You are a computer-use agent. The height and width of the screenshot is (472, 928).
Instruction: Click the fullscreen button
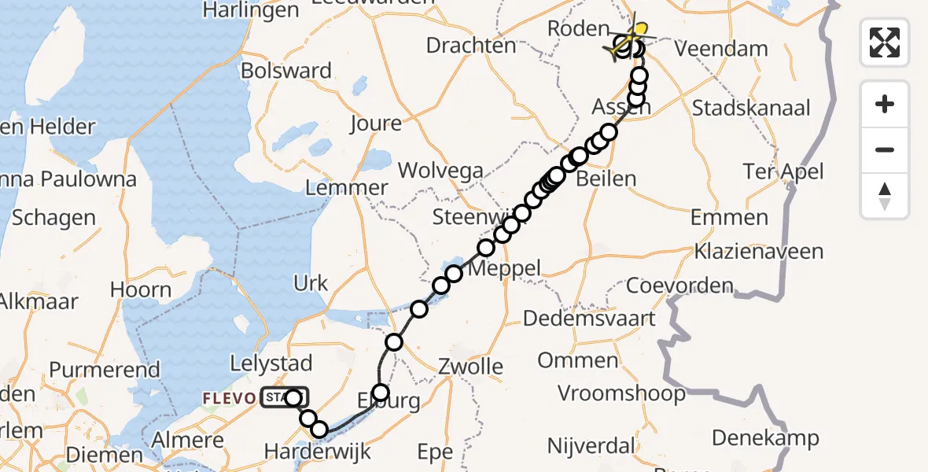(x=885, y=42)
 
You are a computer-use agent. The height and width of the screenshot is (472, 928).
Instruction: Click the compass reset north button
(x=885, y=196)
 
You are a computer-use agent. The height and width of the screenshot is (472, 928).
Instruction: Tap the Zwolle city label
(x=470, y=367)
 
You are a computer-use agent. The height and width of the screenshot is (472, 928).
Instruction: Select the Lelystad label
(x=271, y=363)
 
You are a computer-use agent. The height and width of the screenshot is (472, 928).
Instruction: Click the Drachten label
(x=471, y=46)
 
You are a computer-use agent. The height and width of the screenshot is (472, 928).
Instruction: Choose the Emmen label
(x=730, y=218)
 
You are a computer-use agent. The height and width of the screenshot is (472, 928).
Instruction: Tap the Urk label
(x=310, y=283)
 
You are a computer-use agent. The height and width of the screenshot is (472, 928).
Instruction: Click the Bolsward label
(x=286, y=71)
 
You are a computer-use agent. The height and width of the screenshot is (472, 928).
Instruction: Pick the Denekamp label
(x=766, y=438)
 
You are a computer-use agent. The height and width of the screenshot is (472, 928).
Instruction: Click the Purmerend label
(x=105, y=369)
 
